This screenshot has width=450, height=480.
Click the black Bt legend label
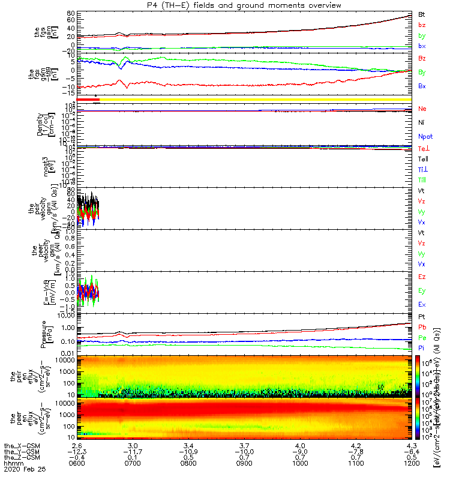pos(422,14)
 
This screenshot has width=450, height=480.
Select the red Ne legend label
pos(422,109)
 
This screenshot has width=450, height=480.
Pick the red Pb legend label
pos(422,326)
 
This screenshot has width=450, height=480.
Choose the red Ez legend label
pos(422,277)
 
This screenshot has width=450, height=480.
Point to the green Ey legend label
pos(422,290)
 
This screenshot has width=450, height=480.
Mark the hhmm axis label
pos(12,464)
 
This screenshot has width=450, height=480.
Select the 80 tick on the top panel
pos(71,13)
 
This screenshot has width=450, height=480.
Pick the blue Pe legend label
pos(422,337)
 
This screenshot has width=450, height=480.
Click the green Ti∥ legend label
pos(423,179)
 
